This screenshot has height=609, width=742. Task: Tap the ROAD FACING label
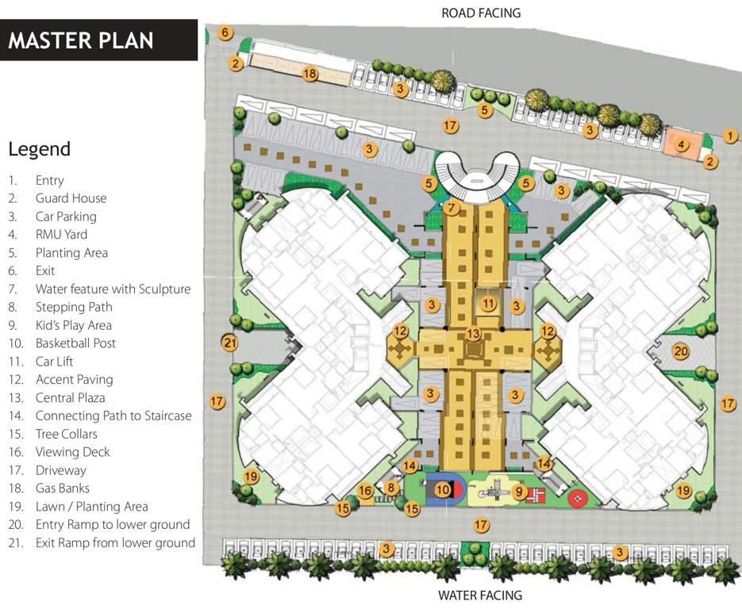pyautogui.click(x=481, y=13)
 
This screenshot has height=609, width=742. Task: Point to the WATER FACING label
pyautogui.click(x=481, y=595)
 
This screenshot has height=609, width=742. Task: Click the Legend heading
pyautogui.click(x=39, y=149)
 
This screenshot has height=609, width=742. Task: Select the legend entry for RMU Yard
pyautogui.click(x=61, y=235)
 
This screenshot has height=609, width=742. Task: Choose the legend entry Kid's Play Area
pyautogui.click(x=73, y=325)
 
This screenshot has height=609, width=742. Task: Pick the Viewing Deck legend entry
pyautogui.click(x=72, y=452)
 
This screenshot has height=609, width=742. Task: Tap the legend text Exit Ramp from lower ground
pyautogui.click(x=115, y=542)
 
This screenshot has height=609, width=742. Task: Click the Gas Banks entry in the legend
pyautogui.click(x=62, y=488)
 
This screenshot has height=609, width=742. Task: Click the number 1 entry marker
pyautogui.click(x=731, y=136)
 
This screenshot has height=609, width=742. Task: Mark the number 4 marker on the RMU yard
pyautogui.click(x=681, y=145)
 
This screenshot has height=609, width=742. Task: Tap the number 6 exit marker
pyautogui.click(x=226, y=33)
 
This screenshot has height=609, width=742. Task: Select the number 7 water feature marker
pyautogui.click(x=452, y=209)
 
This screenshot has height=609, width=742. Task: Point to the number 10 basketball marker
pyautogui.click(x=443, y=491)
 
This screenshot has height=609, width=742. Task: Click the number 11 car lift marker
pyautogui.click(x=488, y=304)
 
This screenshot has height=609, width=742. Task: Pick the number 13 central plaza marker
pyautogui.click(x=473, y=334)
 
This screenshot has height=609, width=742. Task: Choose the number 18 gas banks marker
pyautogui.click(x=309, y=74)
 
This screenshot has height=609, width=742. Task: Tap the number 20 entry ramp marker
pyautogui.click(x=680, y=351)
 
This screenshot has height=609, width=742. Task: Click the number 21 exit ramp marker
pyautogui.click(x=230, y=343)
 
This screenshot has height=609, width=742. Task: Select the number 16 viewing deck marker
pyautogui.click(x=365, y=492)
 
